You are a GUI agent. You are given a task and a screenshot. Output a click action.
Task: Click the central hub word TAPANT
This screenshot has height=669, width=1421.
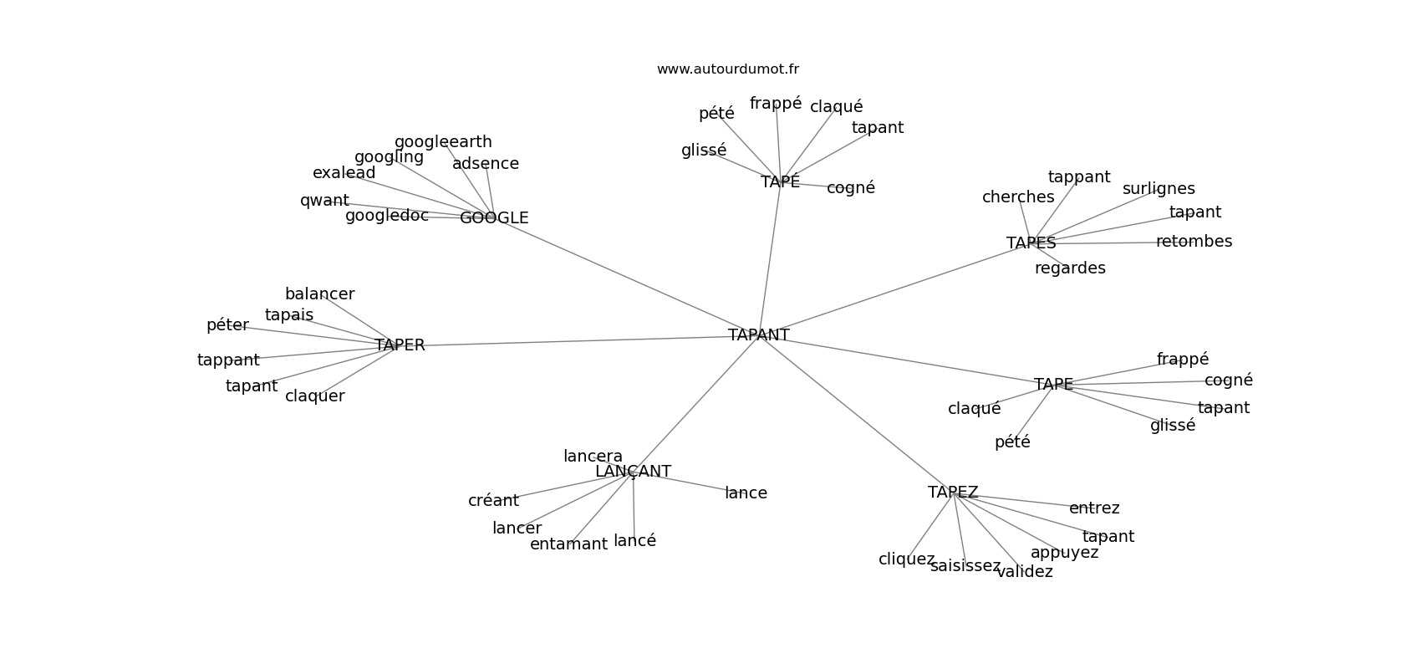tap(758, 335)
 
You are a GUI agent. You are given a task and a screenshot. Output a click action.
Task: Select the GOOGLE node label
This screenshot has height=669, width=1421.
tap(494, 218)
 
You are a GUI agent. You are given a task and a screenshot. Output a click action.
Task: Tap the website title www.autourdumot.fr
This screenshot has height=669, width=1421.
tap(727, 69)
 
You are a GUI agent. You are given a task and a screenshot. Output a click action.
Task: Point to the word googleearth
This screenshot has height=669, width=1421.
tap(443, 142)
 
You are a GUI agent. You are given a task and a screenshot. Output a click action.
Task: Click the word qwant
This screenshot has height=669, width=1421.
tap(324, 201)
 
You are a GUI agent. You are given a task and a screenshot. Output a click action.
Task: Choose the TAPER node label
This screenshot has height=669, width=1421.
tap(400, 345)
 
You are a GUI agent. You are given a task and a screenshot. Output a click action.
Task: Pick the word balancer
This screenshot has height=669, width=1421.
tap(319, 294)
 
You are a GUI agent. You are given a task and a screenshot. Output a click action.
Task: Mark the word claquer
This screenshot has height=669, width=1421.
tap(314, 396)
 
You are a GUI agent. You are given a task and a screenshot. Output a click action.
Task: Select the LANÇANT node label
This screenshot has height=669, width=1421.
tap(633, 472)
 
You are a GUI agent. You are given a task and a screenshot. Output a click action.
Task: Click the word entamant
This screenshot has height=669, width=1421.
tap(568, 544)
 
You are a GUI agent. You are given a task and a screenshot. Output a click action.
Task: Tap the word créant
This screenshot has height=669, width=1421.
tap(493, 501)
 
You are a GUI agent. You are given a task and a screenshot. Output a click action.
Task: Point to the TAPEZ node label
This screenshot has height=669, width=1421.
tap(952, 493)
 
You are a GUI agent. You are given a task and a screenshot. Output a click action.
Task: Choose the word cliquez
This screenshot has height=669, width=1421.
tap(906, 559)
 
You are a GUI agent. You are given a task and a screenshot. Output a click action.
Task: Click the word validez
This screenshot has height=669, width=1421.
tap(1025, 572)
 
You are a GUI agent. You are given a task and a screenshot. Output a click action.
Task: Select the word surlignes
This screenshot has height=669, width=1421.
tap(1159, 189)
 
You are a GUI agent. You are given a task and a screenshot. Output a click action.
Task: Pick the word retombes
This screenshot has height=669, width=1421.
tap(1194, 242)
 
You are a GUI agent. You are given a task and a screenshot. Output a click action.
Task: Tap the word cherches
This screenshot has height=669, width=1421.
tap(1018, 197)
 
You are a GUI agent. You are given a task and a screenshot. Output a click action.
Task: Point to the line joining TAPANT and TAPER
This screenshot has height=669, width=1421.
tap(577, 341)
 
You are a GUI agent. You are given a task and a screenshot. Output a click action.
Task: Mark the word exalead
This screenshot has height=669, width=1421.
tap(344, 173)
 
